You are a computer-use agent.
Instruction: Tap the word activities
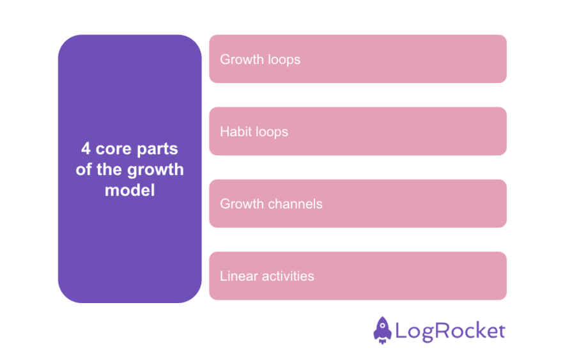click(286, 276)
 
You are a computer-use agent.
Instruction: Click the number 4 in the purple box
click(86, 149)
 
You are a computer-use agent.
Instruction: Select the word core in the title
click(113, 149)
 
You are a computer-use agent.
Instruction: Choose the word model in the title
click(130, 190)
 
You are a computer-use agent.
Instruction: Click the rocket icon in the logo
click(382, 330)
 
